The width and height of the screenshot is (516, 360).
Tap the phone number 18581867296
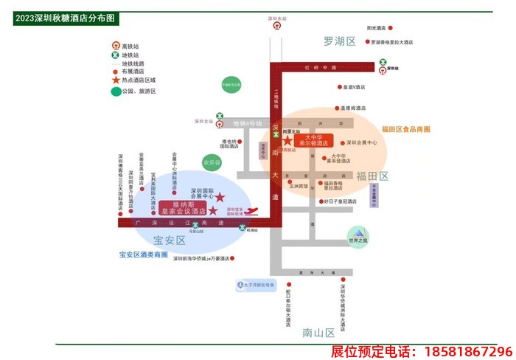[421, 351]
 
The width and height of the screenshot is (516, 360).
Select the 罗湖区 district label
[339, 41]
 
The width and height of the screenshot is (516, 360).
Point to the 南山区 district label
[318, 333]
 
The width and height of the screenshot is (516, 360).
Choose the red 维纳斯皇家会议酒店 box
[184, 207]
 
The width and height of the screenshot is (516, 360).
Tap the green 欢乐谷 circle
[212, 162]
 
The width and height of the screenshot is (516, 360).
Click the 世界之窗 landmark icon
[358, 235]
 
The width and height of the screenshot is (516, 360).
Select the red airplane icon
[251, 212]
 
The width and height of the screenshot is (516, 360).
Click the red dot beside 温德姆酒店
[336, 108]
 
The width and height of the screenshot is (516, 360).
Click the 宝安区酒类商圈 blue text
[144, 255]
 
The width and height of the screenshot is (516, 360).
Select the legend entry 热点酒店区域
[139, 80]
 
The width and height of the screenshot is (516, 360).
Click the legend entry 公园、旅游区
[139, 91]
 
